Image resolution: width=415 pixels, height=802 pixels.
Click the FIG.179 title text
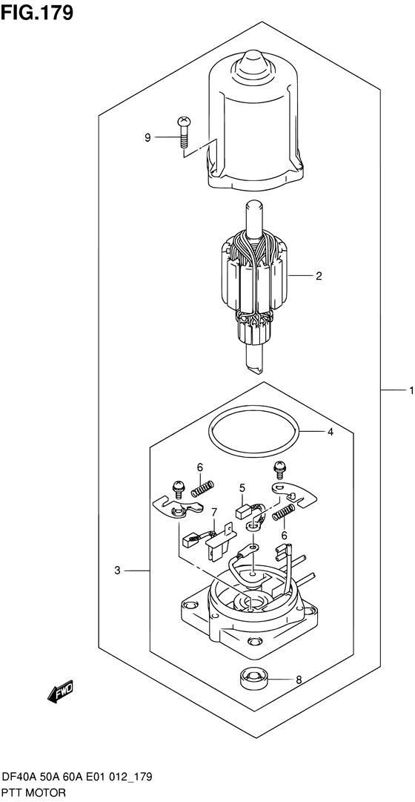(37, 13)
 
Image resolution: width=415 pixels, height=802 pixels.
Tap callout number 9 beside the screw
(147, 137)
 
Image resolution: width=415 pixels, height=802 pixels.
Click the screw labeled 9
(182, 131)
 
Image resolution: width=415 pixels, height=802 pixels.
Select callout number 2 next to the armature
(319, 276)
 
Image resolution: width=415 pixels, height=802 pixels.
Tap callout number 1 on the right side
(410, 391)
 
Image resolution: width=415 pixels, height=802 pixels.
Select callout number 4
(331, 433)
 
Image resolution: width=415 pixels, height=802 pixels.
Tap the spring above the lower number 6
(285, 511)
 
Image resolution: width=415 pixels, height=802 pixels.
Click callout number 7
(214, 511)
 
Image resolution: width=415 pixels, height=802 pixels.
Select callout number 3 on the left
(117, 571)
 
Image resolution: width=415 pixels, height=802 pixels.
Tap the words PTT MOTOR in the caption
(34, 793)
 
